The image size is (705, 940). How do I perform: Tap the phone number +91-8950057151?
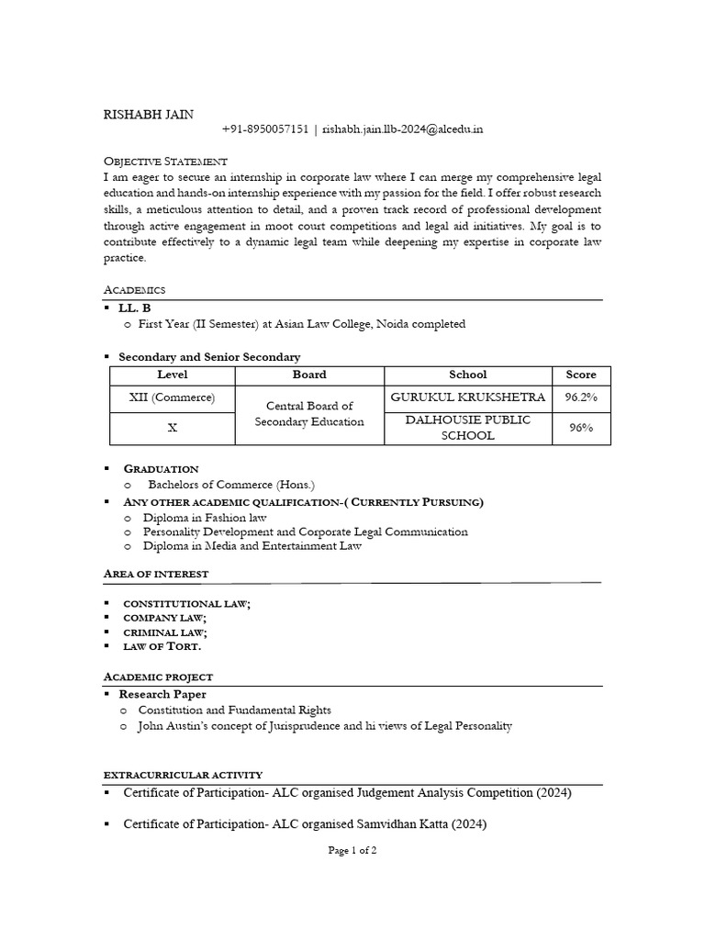tap(265, 129)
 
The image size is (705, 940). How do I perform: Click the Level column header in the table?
tap(172, 375)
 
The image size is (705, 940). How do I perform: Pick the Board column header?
tap(309, 375)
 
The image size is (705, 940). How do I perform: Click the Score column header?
tap(580, 375)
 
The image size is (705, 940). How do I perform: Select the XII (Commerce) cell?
tap(172, 397)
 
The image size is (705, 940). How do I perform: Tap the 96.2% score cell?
tap(580, 397)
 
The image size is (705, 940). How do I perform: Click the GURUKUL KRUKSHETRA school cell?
tap(467, 397)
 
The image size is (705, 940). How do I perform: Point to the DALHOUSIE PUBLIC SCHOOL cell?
tap(467, 427)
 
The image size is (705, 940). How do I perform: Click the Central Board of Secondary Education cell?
tap(309, 413)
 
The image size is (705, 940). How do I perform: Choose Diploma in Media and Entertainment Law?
tap(252, 545)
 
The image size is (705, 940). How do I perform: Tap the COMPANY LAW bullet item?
tap(164, 618)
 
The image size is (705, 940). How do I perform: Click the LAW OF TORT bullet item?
tap(162, 646)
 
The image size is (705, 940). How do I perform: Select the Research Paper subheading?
tap(162, 694)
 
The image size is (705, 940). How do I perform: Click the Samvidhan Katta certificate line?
tap(305, 824)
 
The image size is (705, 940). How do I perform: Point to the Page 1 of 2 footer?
tap(352, 851)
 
